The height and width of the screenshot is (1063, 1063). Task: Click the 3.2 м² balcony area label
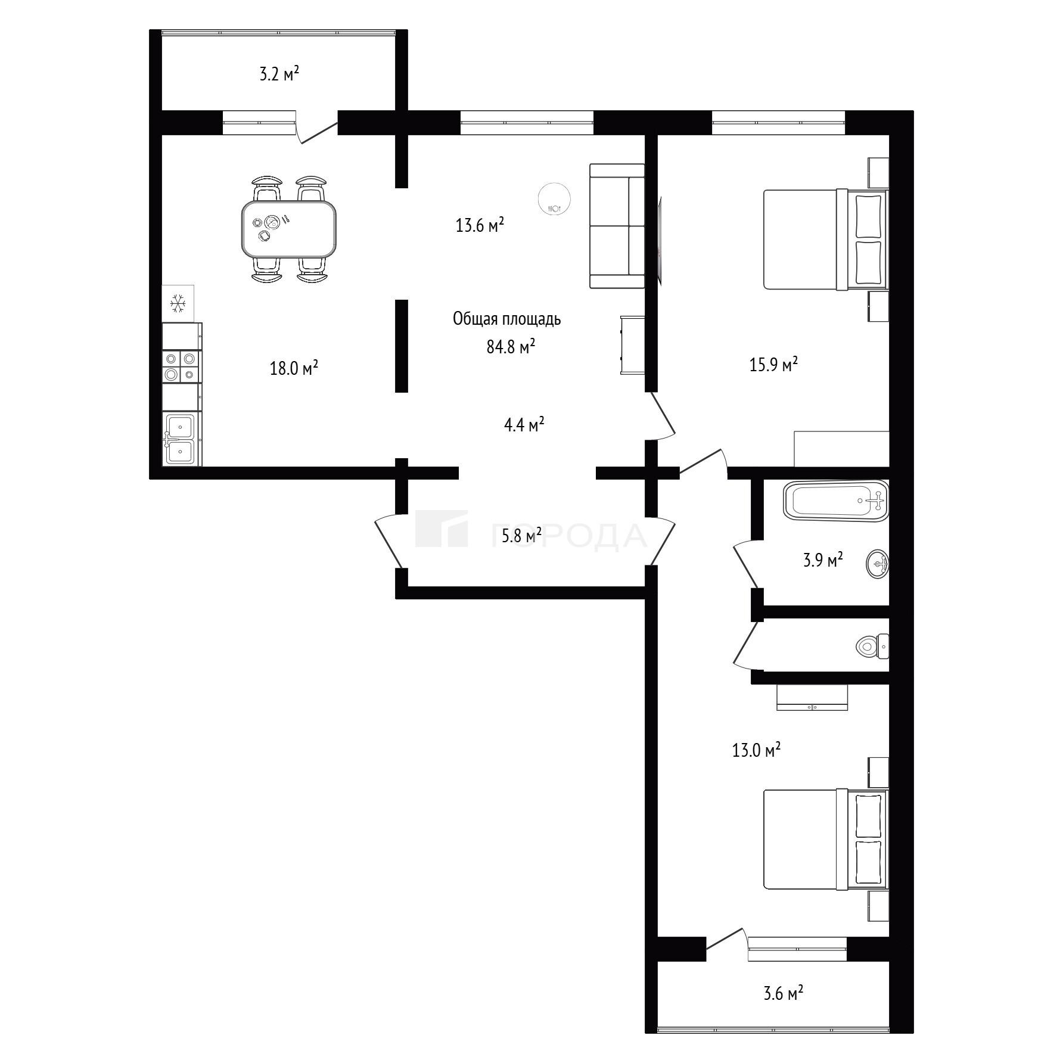pyautogui.click(x=279, y=75)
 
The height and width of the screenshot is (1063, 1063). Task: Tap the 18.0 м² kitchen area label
pyautogui.click(x=294, y=368)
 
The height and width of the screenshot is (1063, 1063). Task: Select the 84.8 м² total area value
pyautogui.click(x=511, y=346)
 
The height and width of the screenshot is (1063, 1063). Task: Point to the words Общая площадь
pyautogui.click(x=507, y=319)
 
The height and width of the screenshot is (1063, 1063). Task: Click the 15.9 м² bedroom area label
pyautogui.click(x=773, y=364)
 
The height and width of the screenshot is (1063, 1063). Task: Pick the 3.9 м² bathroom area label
pyautogui.click(x=823, y=560)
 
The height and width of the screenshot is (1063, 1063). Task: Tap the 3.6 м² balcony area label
pyautogui.click(x=783, y=993)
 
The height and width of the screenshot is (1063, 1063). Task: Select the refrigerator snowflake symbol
pyautogui.click(x=178, y=303)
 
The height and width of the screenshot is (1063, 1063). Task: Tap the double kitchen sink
pyautogui.click(x=181, y=439)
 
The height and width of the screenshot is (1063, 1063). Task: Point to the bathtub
pyautogui.click(x=836, y=501)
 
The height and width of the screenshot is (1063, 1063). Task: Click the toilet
pyautogui.click(x=872, y=646)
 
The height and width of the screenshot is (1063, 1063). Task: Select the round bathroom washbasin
pyautogui.click(x=877, y=563)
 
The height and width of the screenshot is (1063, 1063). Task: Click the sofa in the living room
pyautogui.click(x=617, y=226)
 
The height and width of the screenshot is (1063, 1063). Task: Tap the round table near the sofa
pyautogui.click(x=554, y=198)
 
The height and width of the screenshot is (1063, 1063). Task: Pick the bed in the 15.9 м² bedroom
pyautogui.click(x=825, y=240)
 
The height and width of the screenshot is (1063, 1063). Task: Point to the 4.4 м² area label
pyautogui.click(x=524, y=425)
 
